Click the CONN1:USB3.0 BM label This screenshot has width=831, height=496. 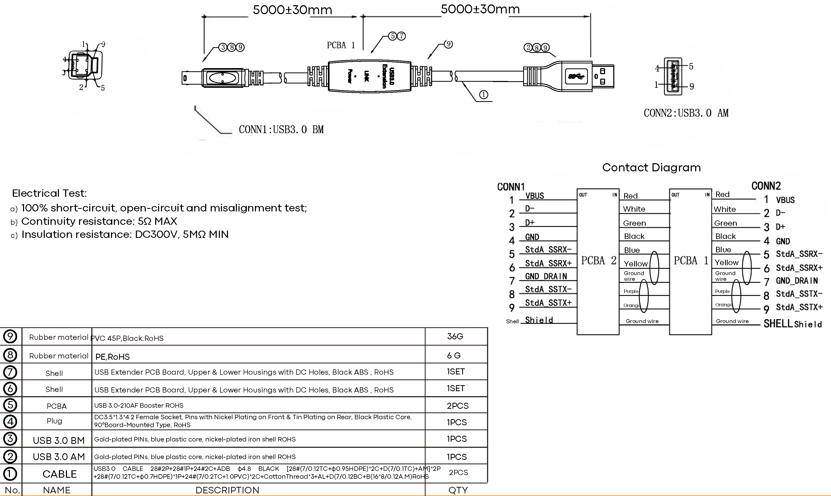click(281, 129)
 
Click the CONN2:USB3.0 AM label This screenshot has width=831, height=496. click(686, 113)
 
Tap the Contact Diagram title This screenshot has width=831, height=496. click(651, 167)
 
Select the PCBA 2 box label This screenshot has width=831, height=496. click(599, 260)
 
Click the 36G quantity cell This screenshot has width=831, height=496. click(455, 337)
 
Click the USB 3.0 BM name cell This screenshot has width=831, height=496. click(59, 440)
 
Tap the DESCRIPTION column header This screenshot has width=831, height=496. click(227, 490)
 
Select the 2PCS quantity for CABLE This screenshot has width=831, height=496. click(458, 472)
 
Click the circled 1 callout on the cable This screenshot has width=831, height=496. click(483, 95)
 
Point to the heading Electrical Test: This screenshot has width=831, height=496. click(49, 193)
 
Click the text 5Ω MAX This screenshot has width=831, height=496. click(157, 221)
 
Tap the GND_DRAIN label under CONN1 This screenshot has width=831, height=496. click(546, 276)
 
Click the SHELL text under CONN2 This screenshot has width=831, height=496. click(778, 324)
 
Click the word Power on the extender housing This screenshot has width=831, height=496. click(350, 76)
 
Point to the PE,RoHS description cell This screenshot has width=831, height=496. click(113, 357)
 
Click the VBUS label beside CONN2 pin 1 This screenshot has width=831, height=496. click(785, 200)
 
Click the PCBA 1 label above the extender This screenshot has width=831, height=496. click(341, 45)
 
